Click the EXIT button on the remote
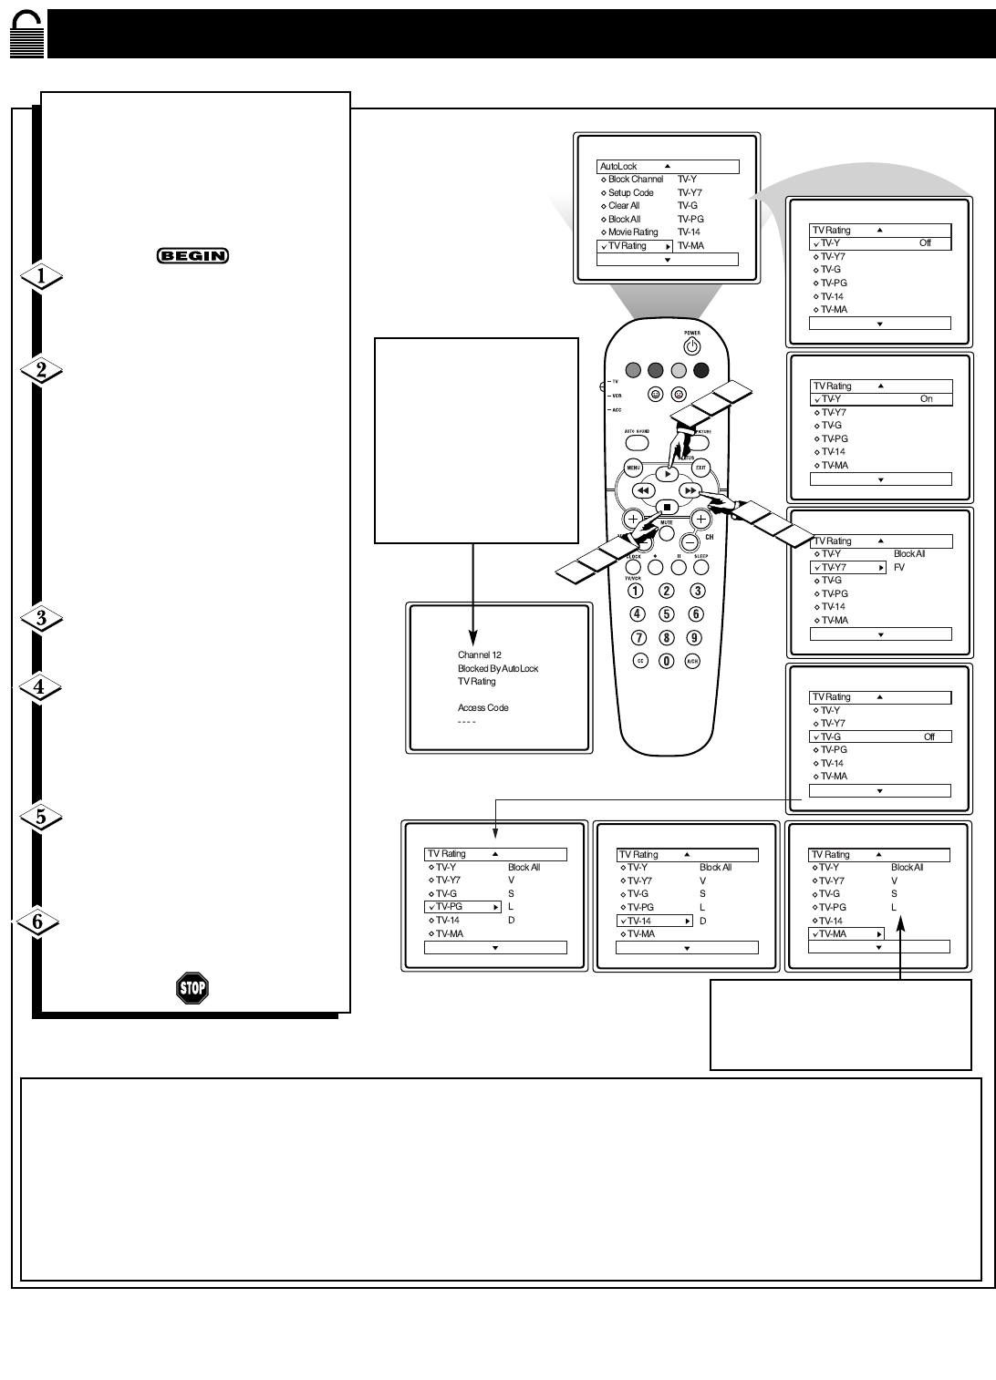[x=700, y=469]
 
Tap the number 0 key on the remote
[x=667, y=661]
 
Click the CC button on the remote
[x=640, y=661]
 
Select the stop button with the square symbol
[x=667, y=507]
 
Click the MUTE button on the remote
[x=667, y=532]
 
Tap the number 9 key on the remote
[x=694, y=638]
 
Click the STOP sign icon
[x=192, y=988]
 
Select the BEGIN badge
[x=192, y=256]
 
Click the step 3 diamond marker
[x=40, y=619]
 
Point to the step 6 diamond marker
[x=38, y=922]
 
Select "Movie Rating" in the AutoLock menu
[x=633, y=232]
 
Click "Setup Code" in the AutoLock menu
[x=630, y=193]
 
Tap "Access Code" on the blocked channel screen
[x=483, y=708]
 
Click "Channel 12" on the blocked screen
[x=480, y=655]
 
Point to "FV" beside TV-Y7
[x=899, y=567]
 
